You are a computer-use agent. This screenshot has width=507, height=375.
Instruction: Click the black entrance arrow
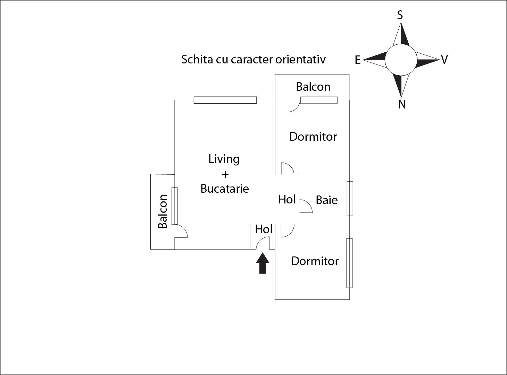pos(263,263)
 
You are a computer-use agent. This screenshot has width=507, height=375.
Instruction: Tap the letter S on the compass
pos(400,15)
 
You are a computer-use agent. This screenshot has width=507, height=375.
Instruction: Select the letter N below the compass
pos(402,104)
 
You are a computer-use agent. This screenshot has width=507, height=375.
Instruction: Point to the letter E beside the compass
pos(357,60)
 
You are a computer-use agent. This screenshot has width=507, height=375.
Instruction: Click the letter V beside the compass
pos(444,60)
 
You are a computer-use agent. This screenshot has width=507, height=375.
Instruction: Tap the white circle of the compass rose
pos(401,60)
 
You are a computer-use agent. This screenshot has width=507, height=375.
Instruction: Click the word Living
pos(224,159)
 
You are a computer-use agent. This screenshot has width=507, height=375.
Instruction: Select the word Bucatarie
pos(225,189)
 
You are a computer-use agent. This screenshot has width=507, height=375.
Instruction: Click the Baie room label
pos(326,200)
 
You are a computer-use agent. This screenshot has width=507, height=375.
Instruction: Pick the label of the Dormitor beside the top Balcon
pos(313,137)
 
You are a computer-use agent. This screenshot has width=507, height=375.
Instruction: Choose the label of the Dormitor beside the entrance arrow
pos(315,261)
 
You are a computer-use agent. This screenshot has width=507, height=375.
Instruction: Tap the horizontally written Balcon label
pos(313,87)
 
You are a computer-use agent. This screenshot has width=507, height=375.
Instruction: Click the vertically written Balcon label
pos(163,211)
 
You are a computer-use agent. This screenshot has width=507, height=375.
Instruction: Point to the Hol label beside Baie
pos(287,200)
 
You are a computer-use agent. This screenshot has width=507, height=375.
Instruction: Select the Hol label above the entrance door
pos(264,229)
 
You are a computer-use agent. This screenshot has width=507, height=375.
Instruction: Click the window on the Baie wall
pos(350,198)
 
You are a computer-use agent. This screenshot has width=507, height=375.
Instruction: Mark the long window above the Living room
pos(225,100)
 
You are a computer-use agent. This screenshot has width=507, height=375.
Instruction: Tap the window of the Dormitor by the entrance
pos(349,263)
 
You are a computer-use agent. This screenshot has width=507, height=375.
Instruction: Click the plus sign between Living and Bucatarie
pos(225,174)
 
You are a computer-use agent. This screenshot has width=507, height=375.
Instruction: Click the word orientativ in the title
pos(300,59)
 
